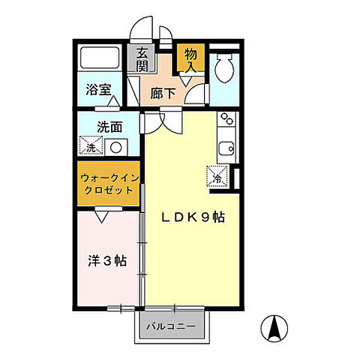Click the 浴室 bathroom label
point(98,89)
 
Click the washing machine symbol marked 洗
point(91,146)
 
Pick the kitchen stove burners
point(226,120)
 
